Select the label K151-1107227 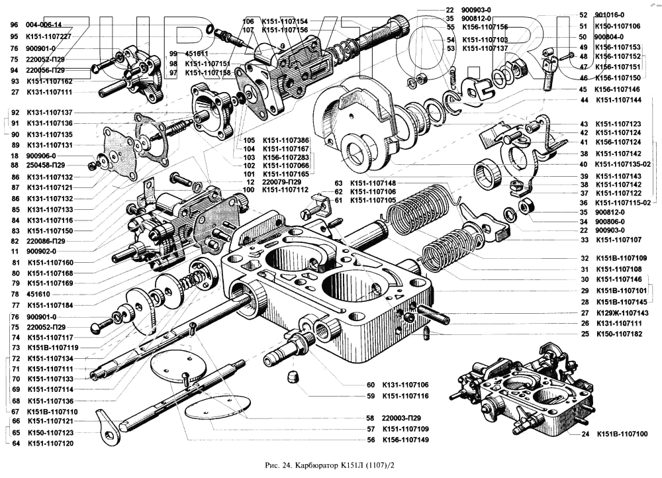[49, 36]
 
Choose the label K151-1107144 [618, 100]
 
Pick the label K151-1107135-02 [622, 164]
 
